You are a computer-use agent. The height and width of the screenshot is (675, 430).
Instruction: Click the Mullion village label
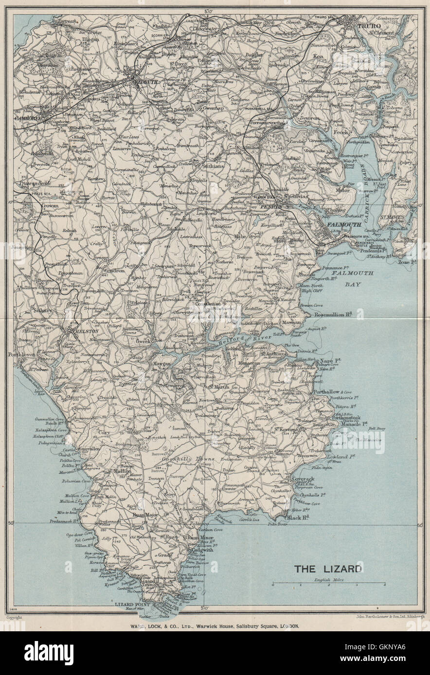pyautogui.click(x=122, y=471)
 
